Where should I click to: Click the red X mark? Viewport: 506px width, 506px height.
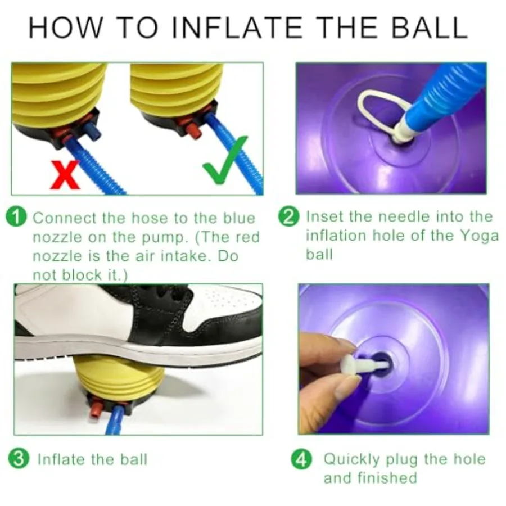pos(65,175)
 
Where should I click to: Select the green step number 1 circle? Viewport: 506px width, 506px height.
pos(16,217)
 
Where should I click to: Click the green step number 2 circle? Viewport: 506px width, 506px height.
pos(289,216)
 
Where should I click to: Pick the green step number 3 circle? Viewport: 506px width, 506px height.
pos(19,459)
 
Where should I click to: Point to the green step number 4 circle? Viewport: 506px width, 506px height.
pos(301,459)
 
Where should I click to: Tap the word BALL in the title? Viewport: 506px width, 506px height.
pos(430,28)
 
